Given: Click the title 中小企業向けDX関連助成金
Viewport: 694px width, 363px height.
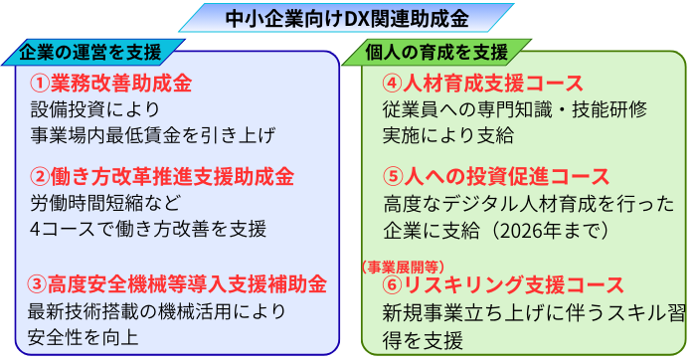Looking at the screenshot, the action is tap(346, 17).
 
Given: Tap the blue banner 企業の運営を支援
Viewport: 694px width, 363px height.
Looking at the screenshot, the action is tap(94, 51).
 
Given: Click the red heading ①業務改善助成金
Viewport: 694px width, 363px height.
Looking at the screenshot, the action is tap(110, 83).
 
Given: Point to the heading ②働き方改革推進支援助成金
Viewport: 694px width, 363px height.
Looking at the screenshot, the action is tap(162, 178).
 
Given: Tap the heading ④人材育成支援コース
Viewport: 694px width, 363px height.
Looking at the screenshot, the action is tap(482, 83).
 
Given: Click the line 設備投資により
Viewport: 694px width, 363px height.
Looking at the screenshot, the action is tap(94, 108).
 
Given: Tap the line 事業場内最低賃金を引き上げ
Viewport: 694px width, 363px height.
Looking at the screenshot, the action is tap(151, 133).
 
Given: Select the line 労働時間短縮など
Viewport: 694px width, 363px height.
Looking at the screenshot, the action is tap(108, 204).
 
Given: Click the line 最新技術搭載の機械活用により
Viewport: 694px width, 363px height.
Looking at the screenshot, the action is tap(157, 311).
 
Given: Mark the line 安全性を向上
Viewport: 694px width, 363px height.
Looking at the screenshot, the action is tap(84, 337).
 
